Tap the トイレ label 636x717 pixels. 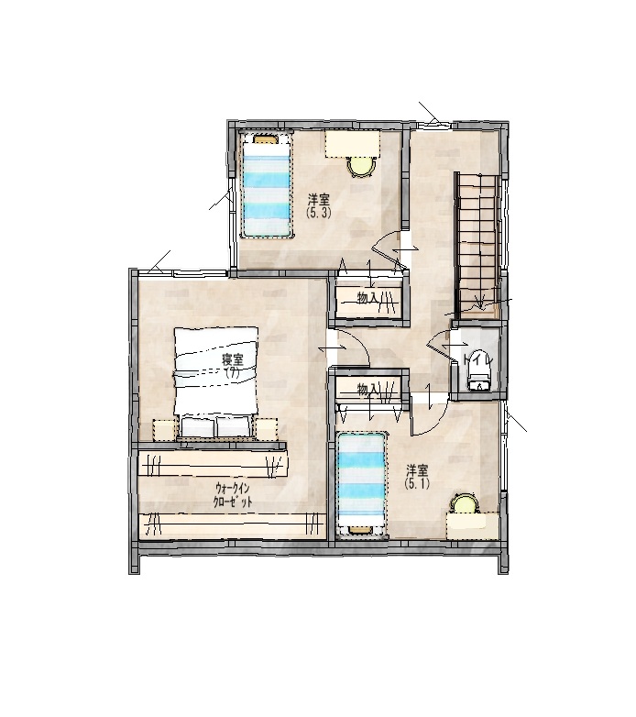(477, 359)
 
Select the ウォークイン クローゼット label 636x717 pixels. (233, 494)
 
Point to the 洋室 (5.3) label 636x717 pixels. (319, 205)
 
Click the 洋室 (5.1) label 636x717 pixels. (418, 477)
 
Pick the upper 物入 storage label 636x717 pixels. (367, 298)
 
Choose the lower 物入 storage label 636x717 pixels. (367, 389)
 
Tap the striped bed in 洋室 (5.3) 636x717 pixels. (268, 184)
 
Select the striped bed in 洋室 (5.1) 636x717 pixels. (361, 484)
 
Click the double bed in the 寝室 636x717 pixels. (216, 382)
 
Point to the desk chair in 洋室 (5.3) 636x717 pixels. (361, 166)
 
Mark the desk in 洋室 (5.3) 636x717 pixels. (352, 143)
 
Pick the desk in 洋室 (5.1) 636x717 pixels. (474, 525)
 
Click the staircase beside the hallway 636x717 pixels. (477, 243)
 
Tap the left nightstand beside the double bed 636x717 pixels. (164, 429)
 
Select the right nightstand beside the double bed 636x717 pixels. (267, 429)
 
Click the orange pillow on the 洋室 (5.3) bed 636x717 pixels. (267, 138)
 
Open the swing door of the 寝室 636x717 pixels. (349, 348)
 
